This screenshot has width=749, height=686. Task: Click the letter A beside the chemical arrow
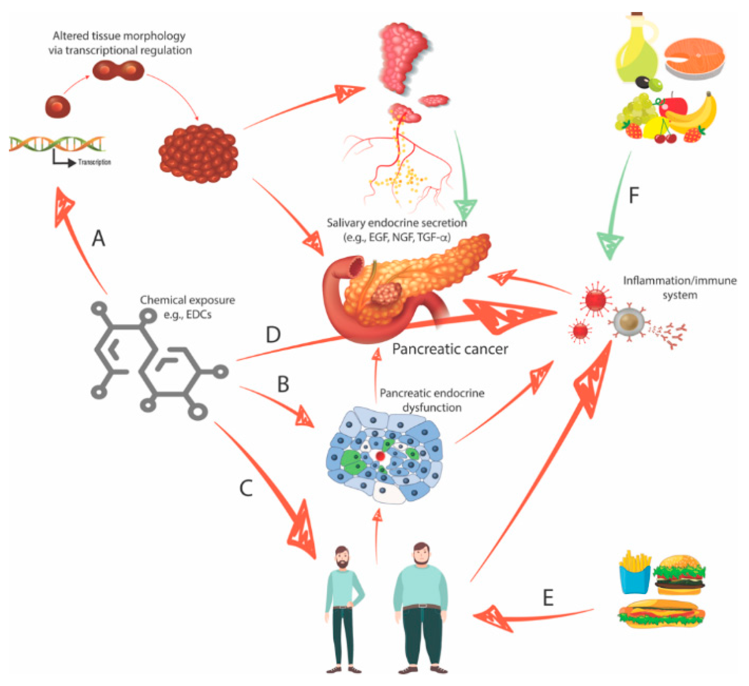click(98, 238)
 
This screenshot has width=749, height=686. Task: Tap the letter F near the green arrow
click(633, 195)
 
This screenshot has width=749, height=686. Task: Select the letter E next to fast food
click(547, 598)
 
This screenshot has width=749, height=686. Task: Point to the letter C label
click(246, 488)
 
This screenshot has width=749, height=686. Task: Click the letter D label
click(273, 334)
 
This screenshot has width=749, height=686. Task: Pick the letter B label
click(283, 384)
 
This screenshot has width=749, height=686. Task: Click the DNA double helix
click(57, 144)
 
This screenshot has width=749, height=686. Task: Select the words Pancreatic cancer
click(450, 349)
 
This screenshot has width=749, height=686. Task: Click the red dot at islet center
click(380, 456)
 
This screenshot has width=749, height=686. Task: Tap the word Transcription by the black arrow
click(94, 162)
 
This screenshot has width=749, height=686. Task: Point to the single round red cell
click(58, 106)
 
